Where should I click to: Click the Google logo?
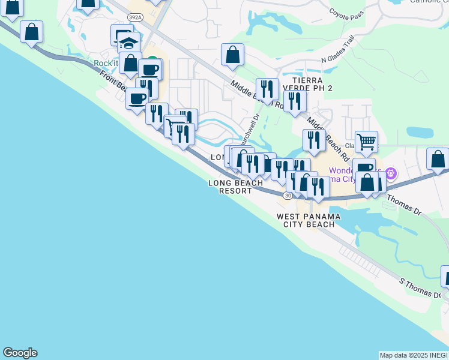tap(20, 353)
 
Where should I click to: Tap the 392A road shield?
tap(136, 17)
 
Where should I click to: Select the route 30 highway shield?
tap(288, 196)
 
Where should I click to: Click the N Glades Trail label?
tap(338, 51)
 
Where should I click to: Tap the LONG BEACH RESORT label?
tap(235, 187)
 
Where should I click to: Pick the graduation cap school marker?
tap(128, 43)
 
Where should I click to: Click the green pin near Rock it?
tap(153, 61)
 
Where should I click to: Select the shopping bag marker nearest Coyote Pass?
tap(232, 55)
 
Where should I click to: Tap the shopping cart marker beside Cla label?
tap(366, 142)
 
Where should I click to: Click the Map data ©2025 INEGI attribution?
tap(414, 355)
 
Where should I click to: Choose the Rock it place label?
tap(106, 64)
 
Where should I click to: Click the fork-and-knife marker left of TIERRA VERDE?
tap(267, 89)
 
